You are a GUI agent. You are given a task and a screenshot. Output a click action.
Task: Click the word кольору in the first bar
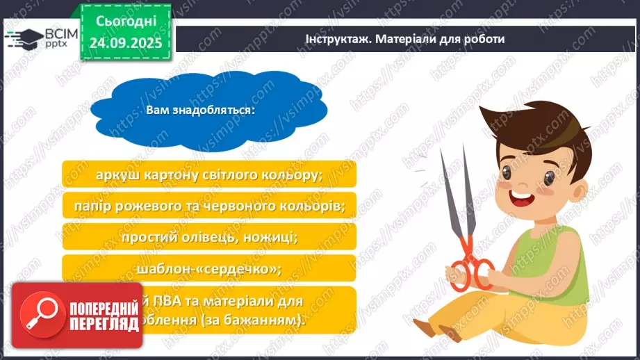pyautogui.click(x=292, y=174)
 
